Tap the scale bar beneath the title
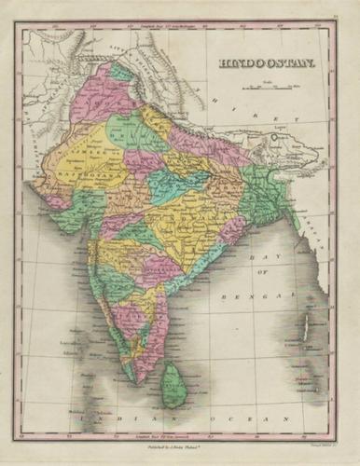268,89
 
